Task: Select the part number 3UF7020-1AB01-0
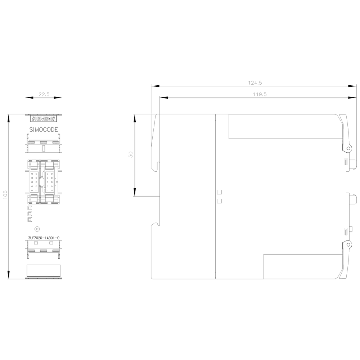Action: click(x=43, y=237)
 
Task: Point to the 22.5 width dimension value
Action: click(x=44, y=94)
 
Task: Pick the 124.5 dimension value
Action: click(x=255, y=83)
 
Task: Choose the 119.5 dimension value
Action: click(x=255, y=94)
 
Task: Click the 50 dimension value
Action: click(x=131, y=154)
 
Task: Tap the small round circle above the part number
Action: click(x=36, y=229)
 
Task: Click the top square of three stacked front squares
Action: click(x=30, y=208)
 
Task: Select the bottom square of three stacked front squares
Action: click(x=30, y=219)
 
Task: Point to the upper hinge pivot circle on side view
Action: click(x=348, y=148)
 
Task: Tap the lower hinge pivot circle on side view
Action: click(x=348, y=244)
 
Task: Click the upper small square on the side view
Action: click(x=219, y=192)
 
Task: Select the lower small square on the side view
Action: click(x=219, y=201)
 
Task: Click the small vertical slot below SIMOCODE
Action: click(x=43, y=148)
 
